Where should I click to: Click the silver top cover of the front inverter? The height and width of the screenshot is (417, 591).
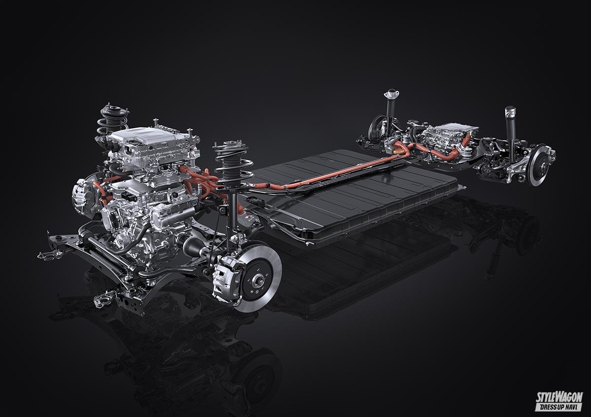pyautogui.click(x=148, y=138)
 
